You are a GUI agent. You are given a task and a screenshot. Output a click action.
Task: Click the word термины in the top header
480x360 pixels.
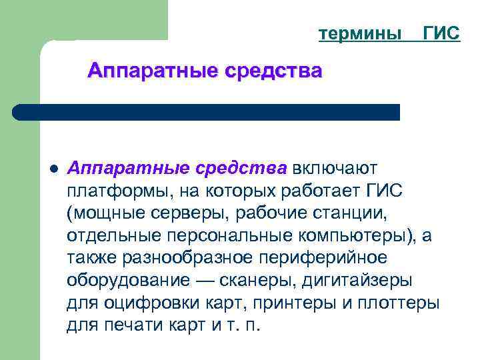361,33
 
